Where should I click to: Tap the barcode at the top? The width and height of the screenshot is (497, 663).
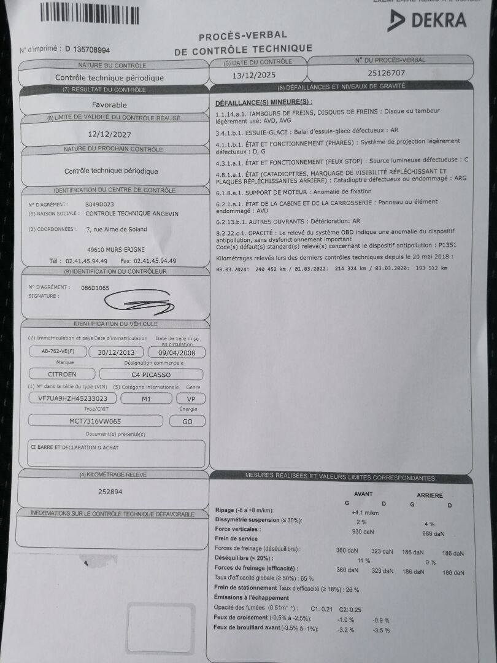90,13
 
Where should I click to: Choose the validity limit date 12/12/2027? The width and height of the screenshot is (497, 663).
109,133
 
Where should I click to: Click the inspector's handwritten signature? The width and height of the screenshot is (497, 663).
137,301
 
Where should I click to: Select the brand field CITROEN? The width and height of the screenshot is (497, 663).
62,374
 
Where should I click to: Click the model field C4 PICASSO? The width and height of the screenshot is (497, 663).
151,374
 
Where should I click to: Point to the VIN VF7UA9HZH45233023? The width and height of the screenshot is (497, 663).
72,398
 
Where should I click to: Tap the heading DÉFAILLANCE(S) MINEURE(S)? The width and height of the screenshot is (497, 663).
264,102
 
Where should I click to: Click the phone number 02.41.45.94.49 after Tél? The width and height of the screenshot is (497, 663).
87,261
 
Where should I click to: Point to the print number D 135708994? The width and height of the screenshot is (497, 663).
87,49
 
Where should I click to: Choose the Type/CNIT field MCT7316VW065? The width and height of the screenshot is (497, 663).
95,421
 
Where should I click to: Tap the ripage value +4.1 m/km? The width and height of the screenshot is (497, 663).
364,512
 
